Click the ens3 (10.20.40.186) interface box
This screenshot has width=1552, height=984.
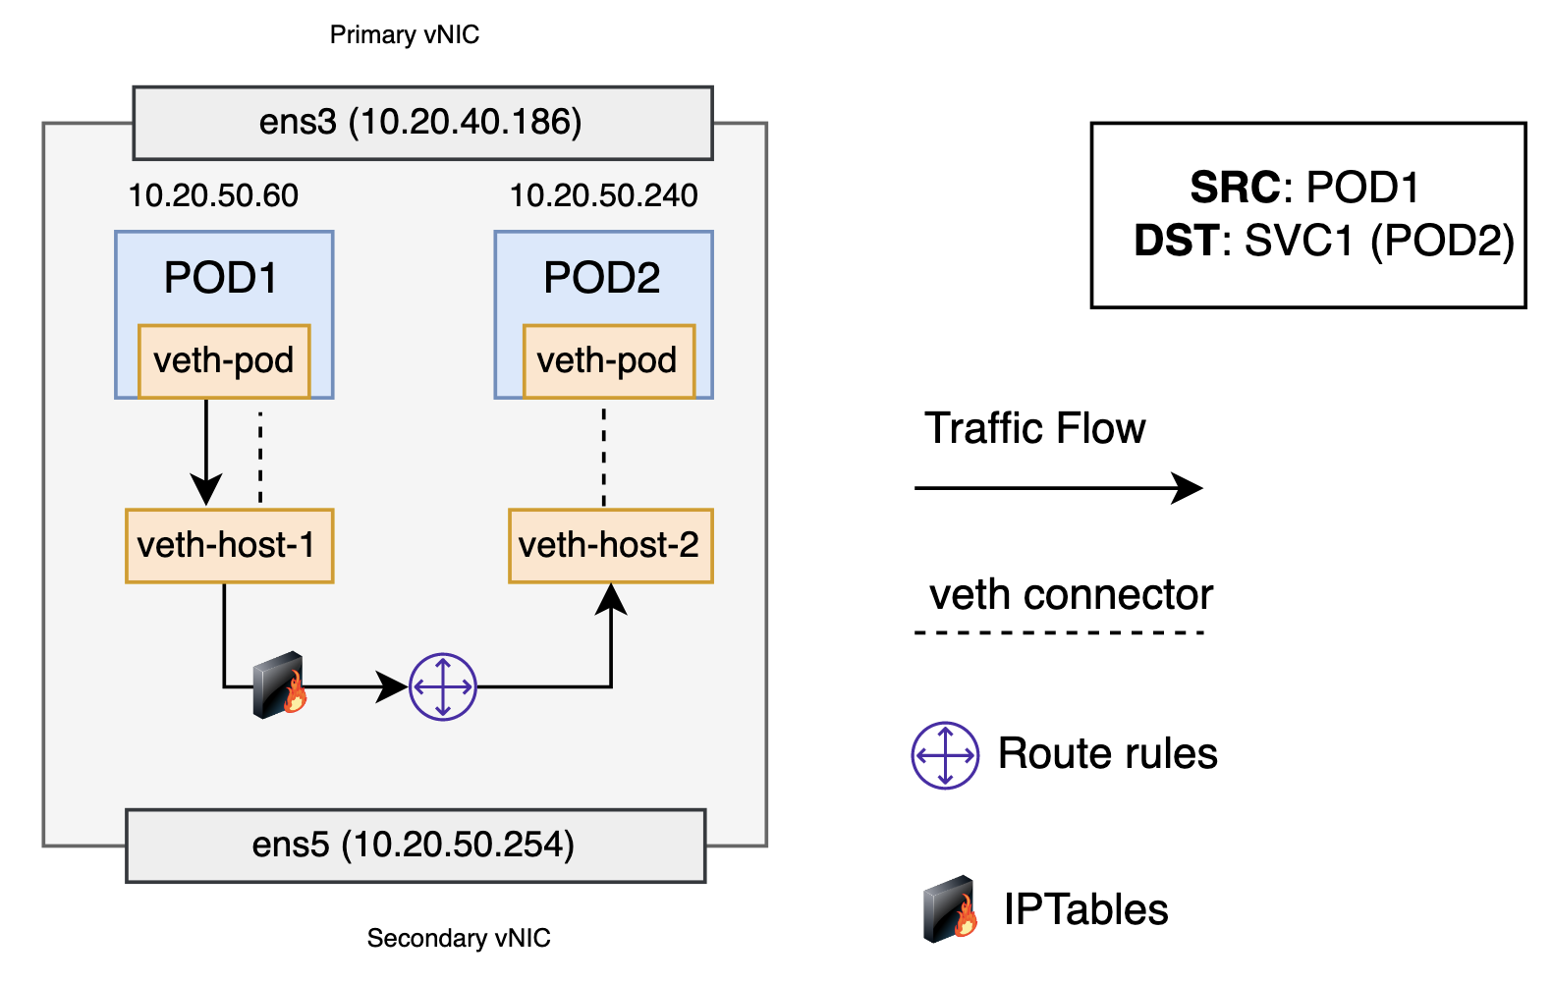422,123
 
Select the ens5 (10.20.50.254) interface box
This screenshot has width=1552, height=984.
416,846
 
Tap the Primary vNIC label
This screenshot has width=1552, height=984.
404,35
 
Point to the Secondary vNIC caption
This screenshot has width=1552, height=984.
458,938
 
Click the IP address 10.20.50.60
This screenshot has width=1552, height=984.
213,195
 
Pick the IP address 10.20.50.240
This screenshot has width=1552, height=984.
603,195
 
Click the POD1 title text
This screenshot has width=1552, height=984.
221,278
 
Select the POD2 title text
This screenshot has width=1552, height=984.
601,278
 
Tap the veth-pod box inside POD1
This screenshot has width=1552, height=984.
224,361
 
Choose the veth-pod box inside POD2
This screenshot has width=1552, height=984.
608,361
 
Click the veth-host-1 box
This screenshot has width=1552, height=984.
229,546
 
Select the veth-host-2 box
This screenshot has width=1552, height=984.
610,546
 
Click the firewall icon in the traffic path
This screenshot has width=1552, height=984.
279,685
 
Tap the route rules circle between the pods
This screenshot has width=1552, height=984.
443,686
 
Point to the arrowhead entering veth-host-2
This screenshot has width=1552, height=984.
611,598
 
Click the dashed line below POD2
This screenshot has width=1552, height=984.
603,457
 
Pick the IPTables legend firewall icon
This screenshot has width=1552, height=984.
950,909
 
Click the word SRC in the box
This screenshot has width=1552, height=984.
1234,188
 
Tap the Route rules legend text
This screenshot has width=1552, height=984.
1107,754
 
